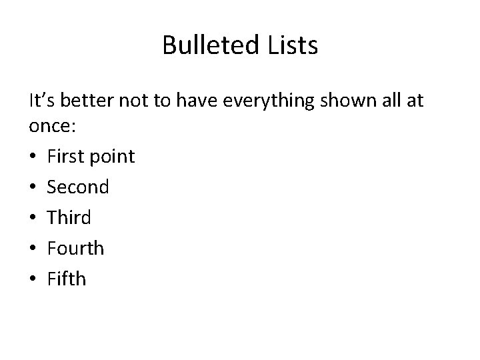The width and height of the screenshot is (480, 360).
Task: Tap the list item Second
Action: [77, 187]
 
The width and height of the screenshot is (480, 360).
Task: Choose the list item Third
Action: [69, 217]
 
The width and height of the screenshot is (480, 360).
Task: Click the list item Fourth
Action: [75, 248]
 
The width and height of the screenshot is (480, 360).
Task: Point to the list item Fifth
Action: [67, 279]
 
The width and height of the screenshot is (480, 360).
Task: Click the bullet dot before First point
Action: [33, 157]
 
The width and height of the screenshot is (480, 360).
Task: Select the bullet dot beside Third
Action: [33, 218]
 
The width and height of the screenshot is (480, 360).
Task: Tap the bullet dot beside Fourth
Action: [33, 249]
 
